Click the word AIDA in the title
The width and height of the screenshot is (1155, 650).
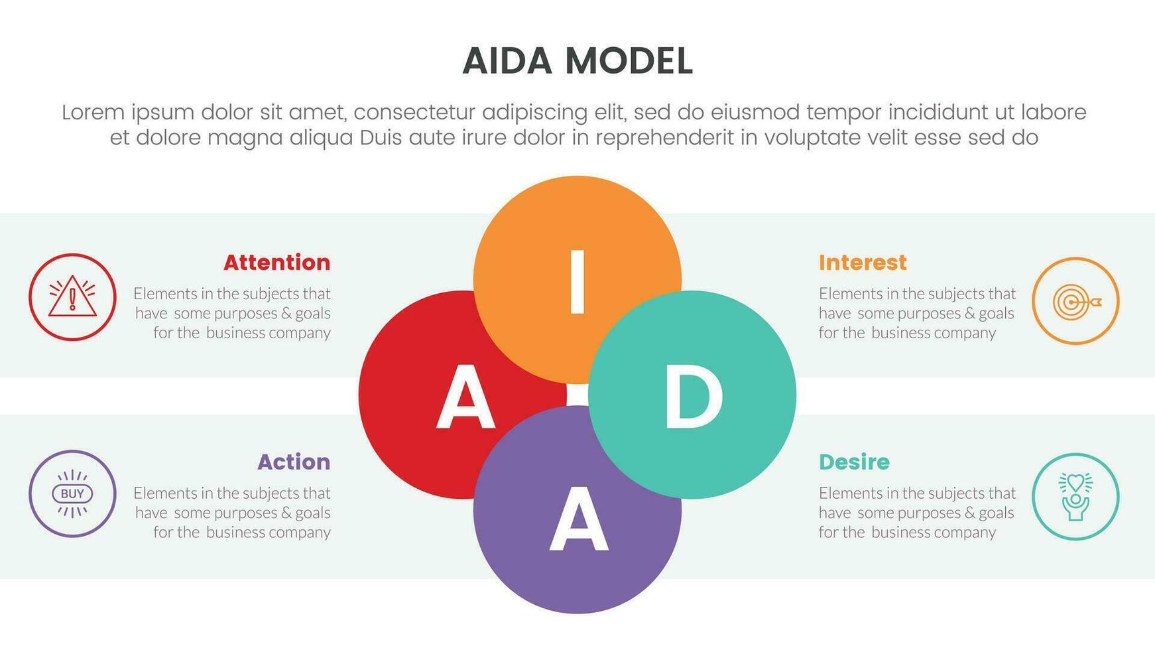click(507, 61)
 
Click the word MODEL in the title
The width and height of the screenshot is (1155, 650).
click(629, 61)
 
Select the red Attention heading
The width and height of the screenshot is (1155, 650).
click(276, 263)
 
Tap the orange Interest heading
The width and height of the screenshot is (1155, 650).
click(863, 263)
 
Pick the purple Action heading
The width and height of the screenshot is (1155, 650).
click(293, 462)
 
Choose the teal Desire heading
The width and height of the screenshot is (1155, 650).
click(854, 462)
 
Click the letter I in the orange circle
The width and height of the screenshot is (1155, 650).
click(577, 281)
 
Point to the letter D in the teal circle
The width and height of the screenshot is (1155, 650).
click(693, 397)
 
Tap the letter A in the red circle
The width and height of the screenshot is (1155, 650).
click(465, 399)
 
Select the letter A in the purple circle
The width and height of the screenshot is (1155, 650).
click(578, 519)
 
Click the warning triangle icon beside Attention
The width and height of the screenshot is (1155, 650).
click(72, 297)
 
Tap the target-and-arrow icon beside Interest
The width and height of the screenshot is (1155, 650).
click(1075, 301)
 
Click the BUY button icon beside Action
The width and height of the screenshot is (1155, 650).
click(72, 493)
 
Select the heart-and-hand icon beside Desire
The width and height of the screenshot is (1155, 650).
click(1075, 497)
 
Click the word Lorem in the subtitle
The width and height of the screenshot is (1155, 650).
click(93, 113)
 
